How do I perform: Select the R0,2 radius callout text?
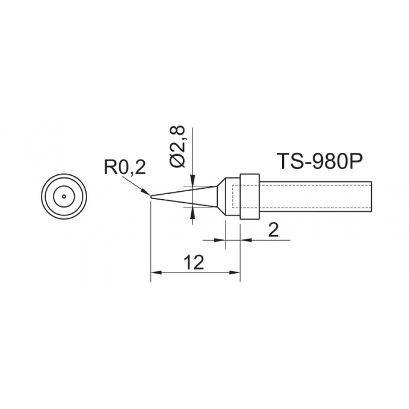click(125, 167)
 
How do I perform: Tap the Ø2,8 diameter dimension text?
click(177, 147)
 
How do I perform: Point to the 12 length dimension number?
click(193, 262)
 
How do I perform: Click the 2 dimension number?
click(273, 230)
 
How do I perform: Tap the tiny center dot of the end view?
click(64, 197)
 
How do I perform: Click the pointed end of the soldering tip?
click(151, 197)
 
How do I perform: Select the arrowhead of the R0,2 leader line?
click(146, 191)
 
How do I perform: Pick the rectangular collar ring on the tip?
click(250, 196)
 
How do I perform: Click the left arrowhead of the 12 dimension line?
click(156, 272)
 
